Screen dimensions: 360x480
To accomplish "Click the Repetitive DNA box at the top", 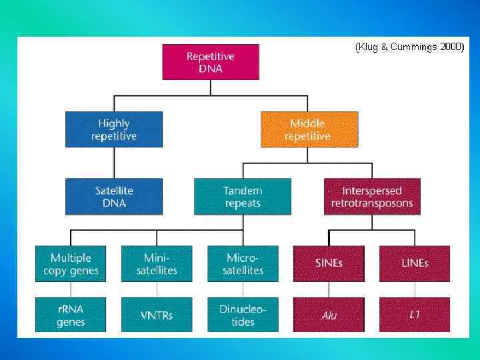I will tap(211, 62).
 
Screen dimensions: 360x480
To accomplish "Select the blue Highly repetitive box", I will tap(114, 129).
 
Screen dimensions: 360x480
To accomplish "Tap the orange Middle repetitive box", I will tap(309, 129).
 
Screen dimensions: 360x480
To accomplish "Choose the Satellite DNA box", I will tap(114, 196).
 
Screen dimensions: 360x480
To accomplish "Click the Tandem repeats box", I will tap(243, 196).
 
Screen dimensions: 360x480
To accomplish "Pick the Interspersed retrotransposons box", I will tap(372, 196).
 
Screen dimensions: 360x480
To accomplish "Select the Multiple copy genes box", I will tap(71, 263).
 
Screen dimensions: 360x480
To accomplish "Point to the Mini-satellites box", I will tap(157, 263).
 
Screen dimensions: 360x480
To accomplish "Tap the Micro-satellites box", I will tap(243, 263).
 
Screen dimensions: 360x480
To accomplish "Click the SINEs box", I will tap(329, 263).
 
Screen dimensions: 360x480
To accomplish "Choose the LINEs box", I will tap(415, 263).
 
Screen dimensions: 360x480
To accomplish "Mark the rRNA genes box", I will tap(71, 315).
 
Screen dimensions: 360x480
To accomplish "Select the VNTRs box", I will tap(157, 315).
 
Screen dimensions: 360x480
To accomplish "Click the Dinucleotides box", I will tap(243, 315).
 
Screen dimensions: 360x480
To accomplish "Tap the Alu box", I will tap(329, 315).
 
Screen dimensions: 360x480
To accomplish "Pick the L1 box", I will tap(415, 315).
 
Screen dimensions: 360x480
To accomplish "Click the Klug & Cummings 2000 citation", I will tap(409, 47).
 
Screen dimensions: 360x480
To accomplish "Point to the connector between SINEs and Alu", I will tap(329, 289).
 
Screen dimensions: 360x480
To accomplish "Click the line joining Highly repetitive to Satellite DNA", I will tap(114, 163).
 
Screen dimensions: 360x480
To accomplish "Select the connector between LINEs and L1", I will tap(415, 289).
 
